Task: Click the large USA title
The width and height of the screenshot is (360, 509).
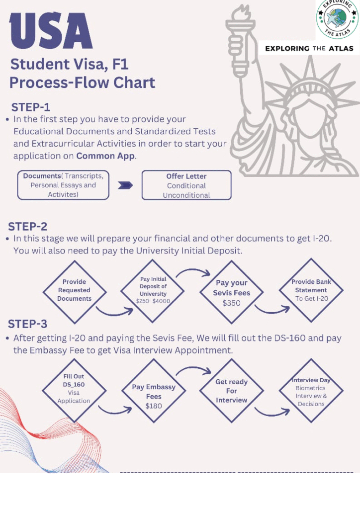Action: tap(51, 31)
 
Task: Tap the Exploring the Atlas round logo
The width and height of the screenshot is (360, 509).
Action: tap(337, 19)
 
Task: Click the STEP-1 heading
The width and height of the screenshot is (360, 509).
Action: tap(31, 107)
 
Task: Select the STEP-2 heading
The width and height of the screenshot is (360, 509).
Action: tap(28, 226)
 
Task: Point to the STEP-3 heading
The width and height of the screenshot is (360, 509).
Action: tap(28, 324)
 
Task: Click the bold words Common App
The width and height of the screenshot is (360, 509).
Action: tap(105, 156)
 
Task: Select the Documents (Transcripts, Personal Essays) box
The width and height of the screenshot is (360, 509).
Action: tap(63, 185)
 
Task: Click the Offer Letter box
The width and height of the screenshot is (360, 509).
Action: tap(186, 185)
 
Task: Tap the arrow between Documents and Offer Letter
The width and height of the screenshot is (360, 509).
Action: tap(125, 185)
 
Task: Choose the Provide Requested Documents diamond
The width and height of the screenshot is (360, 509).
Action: tap(74, 290)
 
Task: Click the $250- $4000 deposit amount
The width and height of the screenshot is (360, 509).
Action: tap(153, 301)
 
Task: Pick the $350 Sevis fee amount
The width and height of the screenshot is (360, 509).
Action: tap(231, 303)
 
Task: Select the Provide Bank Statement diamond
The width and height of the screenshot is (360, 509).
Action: tap(311, 290)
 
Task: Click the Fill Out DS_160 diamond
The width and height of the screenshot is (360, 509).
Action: tap(74, 389)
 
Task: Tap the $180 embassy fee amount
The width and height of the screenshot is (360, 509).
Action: tap(154, 406)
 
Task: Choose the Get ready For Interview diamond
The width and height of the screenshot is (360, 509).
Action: tap(231, 391)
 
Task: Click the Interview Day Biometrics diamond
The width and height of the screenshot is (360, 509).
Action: tap(311, 392)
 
